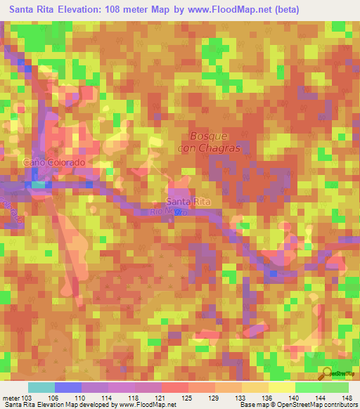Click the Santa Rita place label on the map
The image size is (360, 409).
[x=193, y=201]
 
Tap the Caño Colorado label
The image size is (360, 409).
[x=55, y=162]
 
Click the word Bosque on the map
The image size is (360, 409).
[x=209, y=136]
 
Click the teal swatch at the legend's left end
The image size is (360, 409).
[x=41, y=387]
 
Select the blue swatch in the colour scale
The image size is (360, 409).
[x=68, y=387]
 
